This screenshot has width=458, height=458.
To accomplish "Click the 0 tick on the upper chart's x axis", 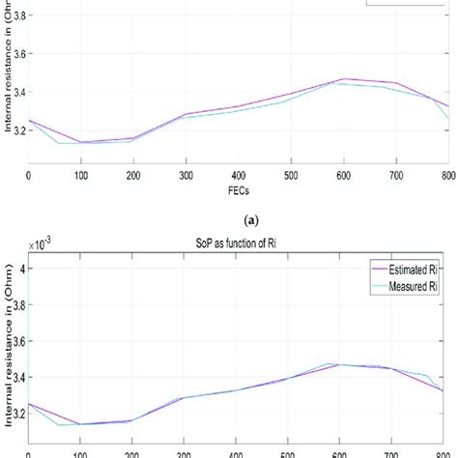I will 29,174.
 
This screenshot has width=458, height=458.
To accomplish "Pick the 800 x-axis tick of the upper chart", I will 446,174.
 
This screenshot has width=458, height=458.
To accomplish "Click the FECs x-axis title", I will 238,190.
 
